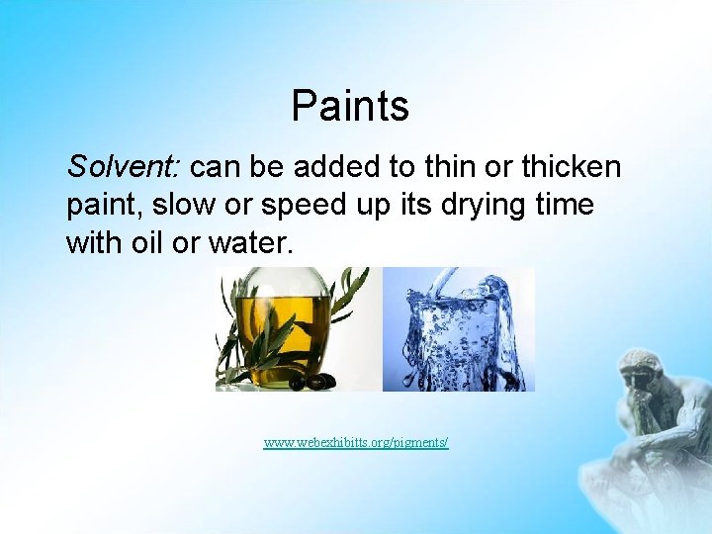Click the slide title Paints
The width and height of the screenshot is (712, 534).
[x=350, y=106]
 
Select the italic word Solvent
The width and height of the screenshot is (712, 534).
[x=108, y=167]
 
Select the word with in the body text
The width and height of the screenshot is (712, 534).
[x=91, y=242]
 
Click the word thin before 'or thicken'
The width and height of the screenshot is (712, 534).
[x=438, y=167]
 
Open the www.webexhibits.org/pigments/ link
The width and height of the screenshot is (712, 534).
[x=356, y=442]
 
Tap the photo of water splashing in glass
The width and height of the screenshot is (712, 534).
[x=458, y=329]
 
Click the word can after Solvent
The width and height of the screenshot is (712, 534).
[x=222, y=168]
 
